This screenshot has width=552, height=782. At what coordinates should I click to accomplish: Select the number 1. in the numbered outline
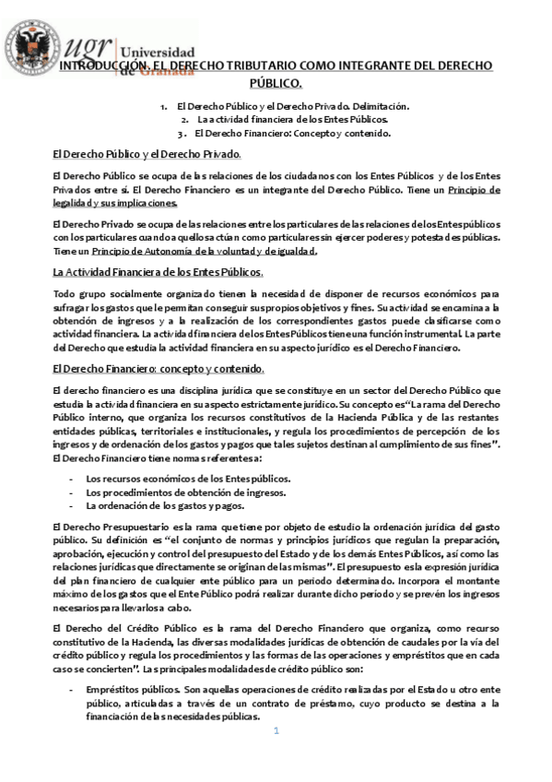[164, 107]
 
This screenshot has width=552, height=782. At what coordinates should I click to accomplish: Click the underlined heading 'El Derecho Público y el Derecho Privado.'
[147, 154]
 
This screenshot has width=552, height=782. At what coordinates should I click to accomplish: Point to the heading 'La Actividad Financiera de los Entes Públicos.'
[158, 272]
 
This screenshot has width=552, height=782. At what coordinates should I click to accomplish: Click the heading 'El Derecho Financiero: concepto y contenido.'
[158, 369]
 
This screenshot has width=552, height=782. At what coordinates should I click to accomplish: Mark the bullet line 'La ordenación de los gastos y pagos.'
[165, 505]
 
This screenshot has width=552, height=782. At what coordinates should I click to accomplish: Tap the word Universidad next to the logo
[158, 53]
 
